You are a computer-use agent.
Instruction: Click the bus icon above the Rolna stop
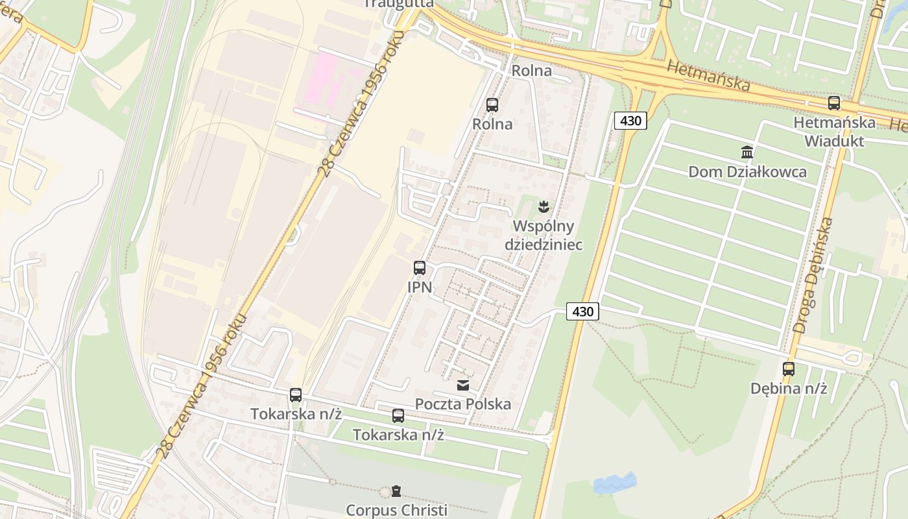point(492,104)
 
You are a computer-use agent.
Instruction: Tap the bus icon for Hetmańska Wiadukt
point(834,103)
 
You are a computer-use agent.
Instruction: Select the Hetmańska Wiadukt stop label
point(834,131)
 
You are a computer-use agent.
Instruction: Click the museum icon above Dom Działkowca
point(747,152)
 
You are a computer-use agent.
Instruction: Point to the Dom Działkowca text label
point(747,172)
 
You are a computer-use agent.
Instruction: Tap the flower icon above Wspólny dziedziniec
point(544,207)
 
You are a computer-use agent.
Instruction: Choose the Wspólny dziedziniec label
point(544,235)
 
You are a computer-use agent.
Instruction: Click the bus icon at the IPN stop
point(420,267)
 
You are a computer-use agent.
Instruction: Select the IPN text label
point(420,287)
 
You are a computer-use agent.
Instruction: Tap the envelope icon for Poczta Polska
point(463,385)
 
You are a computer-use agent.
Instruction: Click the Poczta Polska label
point(463,404)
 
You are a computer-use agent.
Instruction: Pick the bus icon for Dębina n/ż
point(789,369)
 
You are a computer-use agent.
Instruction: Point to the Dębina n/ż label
point(789,389)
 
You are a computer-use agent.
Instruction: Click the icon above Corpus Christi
point(396,491)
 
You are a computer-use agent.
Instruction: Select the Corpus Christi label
point(396,510)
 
